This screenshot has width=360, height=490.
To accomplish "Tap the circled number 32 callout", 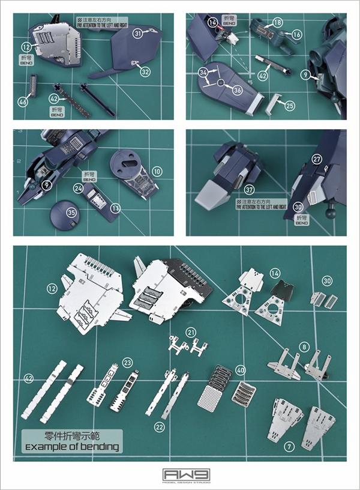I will (x=145, y=71).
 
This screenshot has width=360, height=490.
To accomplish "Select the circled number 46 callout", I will (x=23, y=102).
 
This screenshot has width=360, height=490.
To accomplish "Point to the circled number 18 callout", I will (x=277, y=22).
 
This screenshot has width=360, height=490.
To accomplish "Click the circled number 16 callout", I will (x=296, y=35).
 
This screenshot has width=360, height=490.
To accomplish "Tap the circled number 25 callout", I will (x=290, y=106).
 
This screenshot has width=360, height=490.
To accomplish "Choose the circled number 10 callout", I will (x=157, y=172).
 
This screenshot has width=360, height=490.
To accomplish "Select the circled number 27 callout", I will (x=317, y=159).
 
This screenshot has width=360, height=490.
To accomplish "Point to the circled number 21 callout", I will (x=191, y=332).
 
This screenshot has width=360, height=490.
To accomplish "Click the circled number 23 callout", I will (x=127, y=363).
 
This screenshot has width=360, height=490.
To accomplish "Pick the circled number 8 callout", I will (x=305, y=346).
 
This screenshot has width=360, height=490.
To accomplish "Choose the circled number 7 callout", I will (x=290, y=446).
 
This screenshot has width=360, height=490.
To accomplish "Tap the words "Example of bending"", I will (x=72, y=447).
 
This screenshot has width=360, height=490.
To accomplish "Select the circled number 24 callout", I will (x=78, y=189).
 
